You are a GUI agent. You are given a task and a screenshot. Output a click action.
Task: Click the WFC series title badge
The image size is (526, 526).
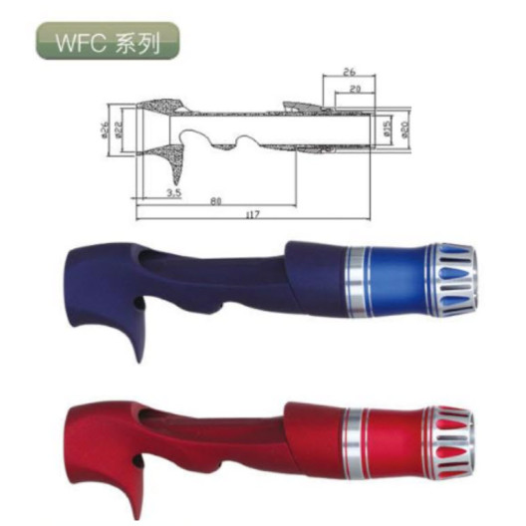(107, 42)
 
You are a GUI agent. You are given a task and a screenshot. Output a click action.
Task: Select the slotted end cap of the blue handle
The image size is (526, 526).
(454, 278)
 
